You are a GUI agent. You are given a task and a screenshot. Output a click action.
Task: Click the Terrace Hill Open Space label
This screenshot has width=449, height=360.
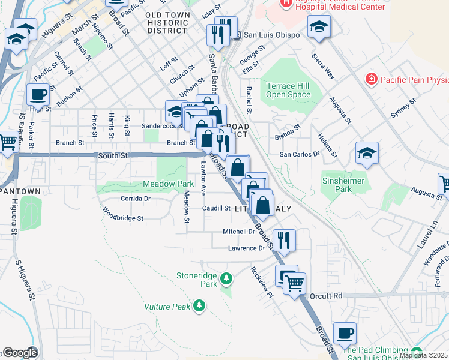click(289, 90)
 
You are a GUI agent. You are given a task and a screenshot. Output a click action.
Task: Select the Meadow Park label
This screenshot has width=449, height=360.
click(168, 183)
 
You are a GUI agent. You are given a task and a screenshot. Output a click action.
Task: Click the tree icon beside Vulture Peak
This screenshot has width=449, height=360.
click(199, 307)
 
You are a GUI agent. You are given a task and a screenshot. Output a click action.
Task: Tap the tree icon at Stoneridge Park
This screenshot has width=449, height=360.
click(226, 278)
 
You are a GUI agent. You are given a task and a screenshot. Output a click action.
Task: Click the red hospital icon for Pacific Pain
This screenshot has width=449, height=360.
click(372, 79)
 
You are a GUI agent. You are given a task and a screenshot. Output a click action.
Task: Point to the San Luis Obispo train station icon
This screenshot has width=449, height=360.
click(238, 35)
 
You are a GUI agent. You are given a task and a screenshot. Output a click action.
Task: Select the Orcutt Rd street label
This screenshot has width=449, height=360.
click(326, 296)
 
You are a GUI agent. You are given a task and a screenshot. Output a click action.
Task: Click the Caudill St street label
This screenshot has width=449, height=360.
click(216, 208)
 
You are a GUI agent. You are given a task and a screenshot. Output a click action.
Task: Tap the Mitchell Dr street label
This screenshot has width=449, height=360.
click(239, 231)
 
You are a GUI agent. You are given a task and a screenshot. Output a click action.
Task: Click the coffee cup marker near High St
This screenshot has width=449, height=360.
click(38, 94)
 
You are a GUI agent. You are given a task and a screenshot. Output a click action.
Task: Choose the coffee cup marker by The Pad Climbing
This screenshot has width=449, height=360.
click(345, 332)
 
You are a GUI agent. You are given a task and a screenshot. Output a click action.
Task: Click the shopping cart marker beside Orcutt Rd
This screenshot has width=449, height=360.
click(294, 282)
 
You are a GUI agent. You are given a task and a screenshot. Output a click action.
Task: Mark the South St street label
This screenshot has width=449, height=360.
click(113, 155)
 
